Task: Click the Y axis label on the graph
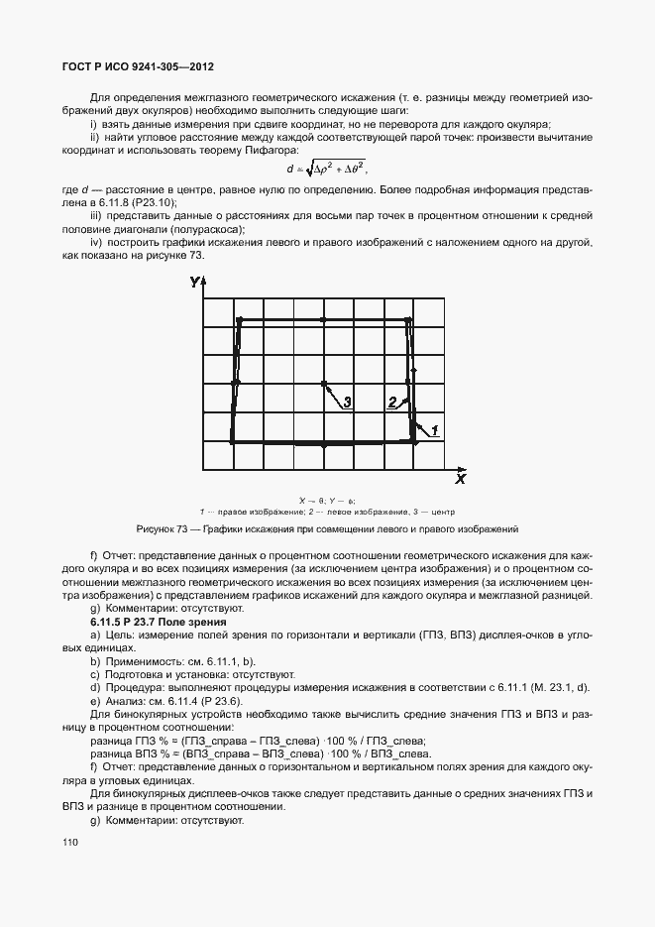pyautogui.click(x=194, y=284)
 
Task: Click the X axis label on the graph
pyautogui.click(x=460, y=479)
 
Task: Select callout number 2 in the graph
pyautogui.click(x=392, y=402)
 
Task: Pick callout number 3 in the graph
pyautogui.click(x=347, y=402)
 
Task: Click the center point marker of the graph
pyautogui.click(x=323, y=383)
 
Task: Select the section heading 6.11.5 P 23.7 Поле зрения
pyautogui.click(x=159, y=621)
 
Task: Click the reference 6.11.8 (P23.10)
pyautogui.click(x=130, y=201)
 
